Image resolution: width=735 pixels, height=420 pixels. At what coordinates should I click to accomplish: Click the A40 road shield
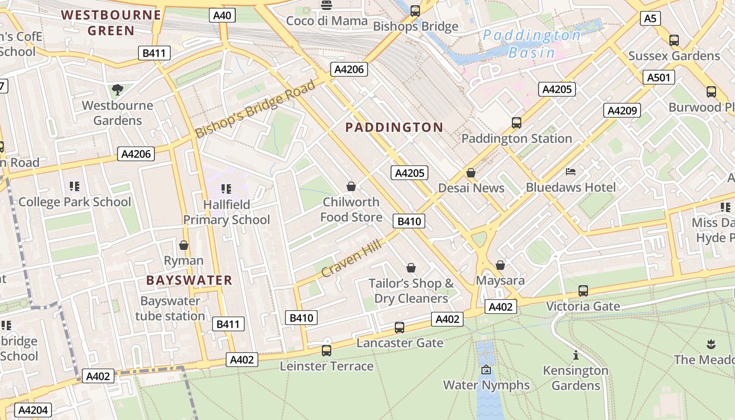[222, 15]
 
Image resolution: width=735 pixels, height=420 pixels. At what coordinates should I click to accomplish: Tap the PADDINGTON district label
[394, 127]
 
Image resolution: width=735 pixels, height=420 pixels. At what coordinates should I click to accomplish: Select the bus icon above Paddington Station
[517, 123]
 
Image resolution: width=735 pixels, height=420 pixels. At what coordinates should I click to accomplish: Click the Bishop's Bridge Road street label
[256, 109]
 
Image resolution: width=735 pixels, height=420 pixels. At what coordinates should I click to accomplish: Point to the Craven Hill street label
[350, 256]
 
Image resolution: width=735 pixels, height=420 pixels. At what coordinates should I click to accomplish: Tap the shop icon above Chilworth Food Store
[351, 186]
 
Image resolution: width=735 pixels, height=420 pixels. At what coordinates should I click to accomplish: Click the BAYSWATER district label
[189, 280]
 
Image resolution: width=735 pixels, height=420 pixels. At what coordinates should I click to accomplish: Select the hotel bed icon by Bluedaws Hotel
[571, 172]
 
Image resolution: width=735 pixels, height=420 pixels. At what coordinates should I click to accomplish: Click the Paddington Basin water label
[532, 44]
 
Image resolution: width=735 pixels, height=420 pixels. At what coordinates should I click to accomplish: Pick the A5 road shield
[650, 19]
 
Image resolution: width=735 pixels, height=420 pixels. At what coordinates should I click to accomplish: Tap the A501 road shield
[658, 78]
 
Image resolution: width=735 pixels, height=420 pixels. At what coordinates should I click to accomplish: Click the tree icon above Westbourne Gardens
[118, 90]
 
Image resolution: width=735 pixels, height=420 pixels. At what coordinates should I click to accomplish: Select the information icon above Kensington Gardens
[576, 355]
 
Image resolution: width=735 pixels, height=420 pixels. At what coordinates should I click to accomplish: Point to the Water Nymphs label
[486, 385]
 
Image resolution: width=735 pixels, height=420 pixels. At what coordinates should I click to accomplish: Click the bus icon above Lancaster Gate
[400, 328]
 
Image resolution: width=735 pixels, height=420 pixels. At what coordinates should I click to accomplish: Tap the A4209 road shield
[622, 110]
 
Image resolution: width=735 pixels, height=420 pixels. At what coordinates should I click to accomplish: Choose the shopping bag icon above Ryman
[184, 245]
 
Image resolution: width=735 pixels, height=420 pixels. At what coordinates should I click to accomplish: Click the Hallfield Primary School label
[226, 212]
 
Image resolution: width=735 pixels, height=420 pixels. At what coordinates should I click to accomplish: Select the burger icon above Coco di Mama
[327, 6]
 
